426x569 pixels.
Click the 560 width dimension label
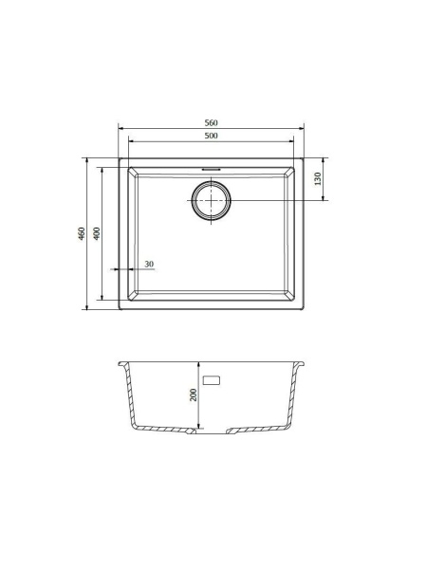pyautogui.click(x=211, y=122)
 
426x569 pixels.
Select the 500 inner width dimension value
pyautogui.click(x=211, y=136)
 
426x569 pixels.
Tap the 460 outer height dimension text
pyautogui.click(x=82, y=233)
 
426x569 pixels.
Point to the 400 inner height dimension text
pyautogui.click(x=96, y=233)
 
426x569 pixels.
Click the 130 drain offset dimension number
pyautogui.click(x=318, y=178)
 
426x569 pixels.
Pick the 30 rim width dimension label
pyautogui.click(x=149, y=264)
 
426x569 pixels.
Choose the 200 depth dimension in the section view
pyautogui.click(x=194, y=395)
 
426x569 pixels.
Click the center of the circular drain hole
pyautogui.click(x=211, y=200)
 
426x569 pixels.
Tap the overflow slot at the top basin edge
pyautogui.click(x=211, y=169)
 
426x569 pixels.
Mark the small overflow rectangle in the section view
pyautogui.click(x=212, y=380)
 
